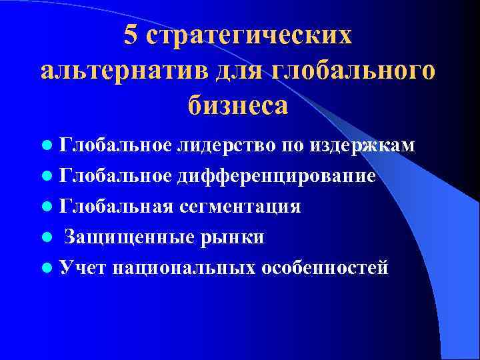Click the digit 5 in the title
(131, 37)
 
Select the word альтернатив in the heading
(125, 71)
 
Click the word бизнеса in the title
(239, 105)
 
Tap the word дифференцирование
(277, 176)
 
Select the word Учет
(83, 268)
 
